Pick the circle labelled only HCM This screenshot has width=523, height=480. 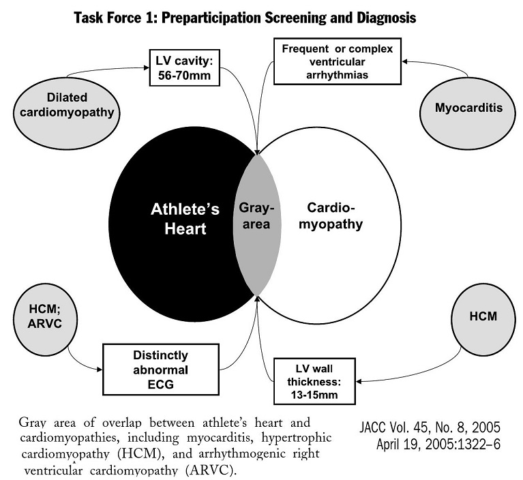[x=483, y=316]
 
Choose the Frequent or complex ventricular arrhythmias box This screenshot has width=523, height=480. [x=338, y=61]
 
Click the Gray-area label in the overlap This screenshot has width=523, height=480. [x=257, y=215]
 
